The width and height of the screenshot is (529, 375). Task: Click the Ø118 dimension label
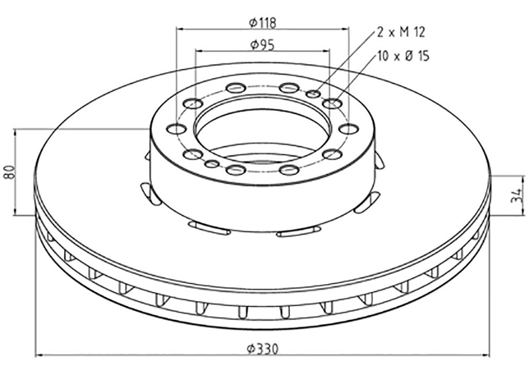coord(262,23)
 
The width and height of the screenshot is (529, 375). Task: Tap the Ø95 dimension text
coord(262,44)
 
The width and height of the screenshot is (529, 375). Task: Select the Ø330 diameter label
coord(262,349)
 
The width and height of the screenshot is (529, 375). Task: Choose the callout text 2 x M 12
coord(400,32)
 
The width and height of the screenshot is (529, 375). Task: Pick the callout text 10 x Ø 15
coord(404,56)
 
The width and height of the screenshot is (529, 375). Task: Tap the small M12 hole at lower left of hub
coord(212,164)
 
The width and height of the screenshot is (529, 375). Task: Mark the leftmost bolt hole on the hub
coord(177,129)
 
